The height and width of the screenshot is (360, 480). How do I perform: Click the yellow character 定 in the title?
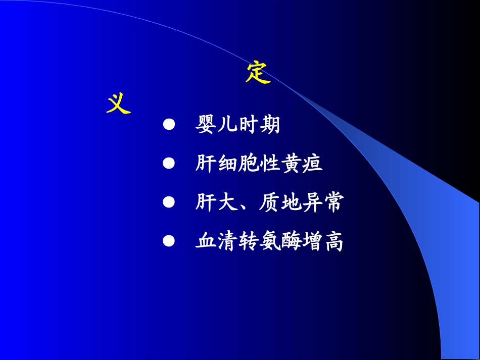pos(258,73)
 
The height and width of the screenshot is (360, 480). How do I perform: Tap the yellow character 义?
pos(119,104)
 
